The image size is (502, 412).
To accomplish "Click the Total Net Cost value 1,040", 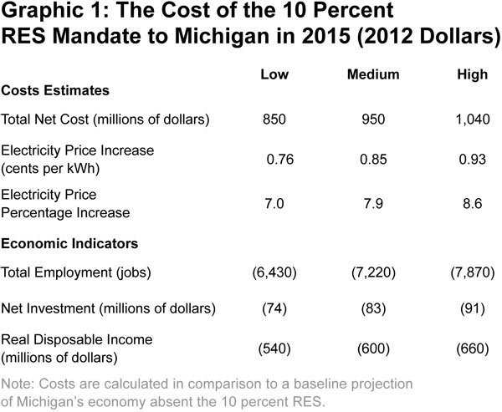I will click(x=472, y=120).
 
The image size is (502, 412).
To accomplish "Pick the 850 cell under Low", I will click(x=274, y=120).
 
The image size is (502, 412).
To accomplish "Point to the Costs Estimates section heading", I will click(x=55, y=89).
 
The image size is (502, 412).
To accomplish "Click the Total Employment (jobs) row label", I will click(x=94, y=273).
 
